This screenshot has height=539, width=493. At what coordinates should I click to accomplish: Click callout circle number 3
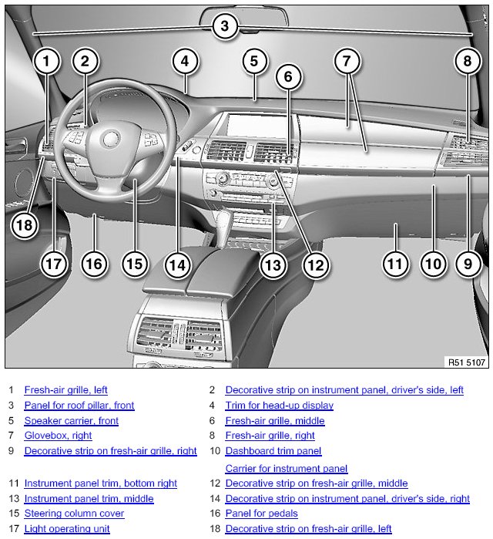[224, 27]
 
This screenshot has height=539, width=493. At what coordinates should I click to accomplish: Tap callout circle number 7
[347, 60]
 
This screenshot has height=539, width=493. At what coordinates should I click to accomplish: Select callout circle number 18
[25, 224]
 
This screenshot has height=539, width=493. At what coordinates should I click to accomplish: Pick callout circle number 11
[395, 264]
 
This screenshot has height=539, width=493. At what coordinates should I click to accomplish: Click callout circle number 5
[254, 60]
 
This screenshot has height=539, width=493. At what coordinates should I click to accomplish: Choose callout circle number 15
[135, 264]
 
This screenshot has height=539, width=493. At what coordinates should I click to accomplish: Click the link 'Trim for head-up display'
[279, 406]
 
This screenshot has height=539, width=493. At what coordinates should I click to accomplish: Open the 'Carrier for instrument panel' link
[286, 468]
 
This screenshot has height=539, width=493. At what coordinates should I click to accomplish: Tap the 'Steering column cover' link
[74, 514]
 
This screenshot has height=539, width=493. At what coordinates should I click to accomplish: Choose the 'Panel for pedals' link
[261, 514]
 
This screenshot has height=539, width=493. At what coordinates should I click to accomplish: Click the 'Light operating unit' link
[66, 529]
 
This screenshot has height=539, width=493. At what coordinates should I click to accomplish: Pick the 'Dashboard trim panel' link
[273, 451]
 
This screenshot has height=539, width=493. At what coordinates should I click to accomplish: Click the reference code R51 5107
[466, 361]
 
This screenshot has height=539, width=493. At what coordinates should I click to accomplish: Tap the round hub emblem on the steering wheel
[109, 139]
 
